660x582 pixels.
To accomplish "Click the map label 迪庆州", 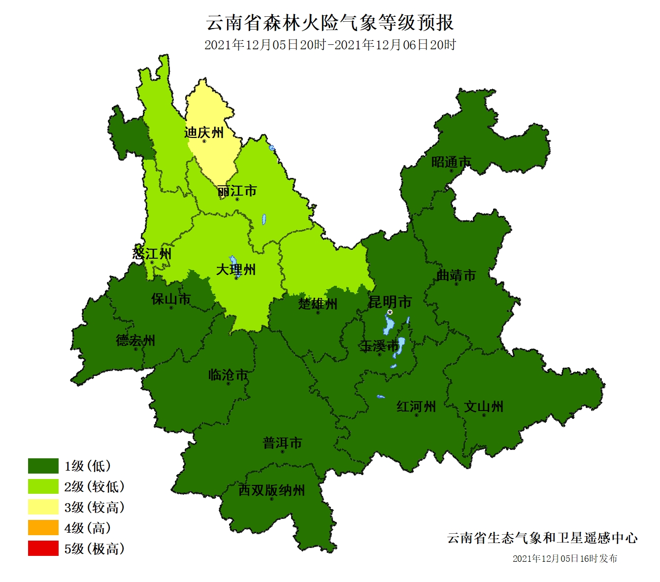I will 203,133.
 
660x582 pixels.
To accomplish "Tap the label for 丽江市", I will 237,191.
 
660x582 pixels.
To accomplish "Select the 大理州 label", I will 236,270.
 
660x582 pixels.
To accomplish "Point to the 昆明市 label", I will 390,302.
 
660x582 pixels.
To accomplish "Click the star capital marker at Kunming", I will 390,312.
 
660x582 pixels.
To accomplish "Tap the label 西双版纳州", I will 271,490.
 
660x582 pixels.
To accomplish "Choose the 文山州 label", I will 484,407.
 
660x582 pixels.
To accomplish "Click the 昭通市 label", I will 451,162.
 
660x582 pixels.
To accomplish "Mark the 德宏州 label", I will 135,340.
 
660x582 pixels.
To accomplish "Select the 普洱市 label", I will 282,443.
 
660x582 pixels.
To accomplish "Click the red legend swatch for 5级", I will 43,548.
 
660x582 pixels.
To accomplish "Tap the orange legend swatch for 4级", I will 43,528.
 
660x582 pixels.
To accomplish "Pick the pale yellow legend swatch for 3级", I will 43,507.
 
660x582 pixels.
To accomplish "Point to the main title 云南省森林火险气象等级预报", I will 330,23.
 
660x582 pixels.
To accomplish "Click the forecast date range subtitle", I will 330,45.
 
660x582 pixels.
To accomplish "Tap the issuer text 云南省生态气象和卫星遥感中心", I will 542,538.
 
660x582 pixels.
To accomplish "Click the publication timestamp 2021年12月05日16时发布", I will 564,558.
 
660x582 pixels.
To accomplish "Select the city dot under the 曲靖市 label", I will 456,284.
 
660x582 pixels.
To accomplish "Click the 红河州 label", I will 416,407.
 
